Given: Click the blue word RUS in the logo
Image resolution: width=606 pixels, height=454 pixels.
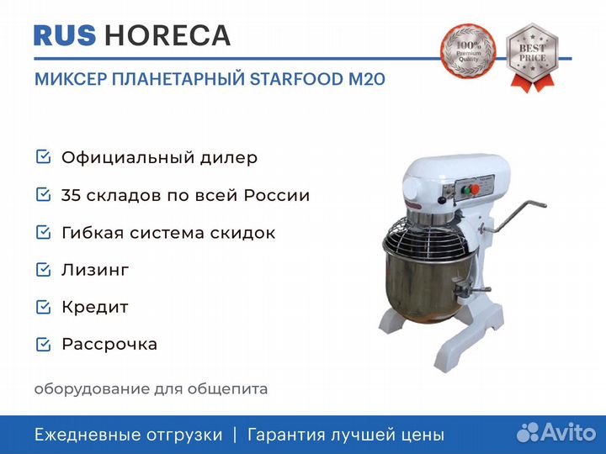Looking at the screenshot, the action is click(x=65, y=36).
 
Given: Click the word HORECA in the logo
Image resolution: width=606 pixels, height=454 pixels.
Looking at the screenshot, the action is click(x=167, y=36).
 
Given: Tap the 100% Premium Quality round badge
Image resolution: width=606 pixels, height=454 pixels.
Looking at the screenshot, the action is click(x=468, y=51).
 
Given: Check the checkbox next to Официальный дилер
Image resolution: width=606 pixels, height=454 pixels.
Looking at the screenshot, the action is click(x=43, y=156).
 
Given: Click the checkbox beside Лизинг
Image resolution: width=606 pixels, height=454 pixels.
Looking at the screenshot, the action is click(x=43, y=270).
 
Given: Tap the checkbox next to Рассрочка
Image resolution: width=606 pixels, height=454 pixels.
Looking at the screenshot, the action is click(x=43, y=345).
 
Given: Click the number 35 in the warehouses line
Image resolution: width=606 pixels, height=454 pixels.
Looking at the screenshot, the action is click(x=71, y=195).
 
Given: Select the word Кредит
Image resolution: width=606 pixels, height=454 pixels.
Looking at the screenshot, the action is click(x=95, y=308).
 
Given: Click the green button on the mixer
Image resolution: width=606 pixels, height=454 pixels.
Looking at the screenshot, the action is click(x=467, y=190).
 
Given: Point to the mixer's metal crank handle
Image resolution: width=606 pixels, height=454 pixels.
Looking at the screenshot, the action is click(x=513, y=217).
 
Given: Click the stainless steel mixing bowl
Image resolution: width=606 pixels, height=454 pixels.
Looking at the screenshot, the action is click(x=428, y=288).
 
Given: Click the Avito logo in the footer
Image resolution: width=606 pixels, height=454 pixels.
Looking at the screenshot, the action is click(x=556, y=432).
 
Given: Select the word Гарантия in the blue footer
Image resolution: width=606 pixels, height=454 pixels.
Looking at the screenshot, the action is click(x=286, y=436).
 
